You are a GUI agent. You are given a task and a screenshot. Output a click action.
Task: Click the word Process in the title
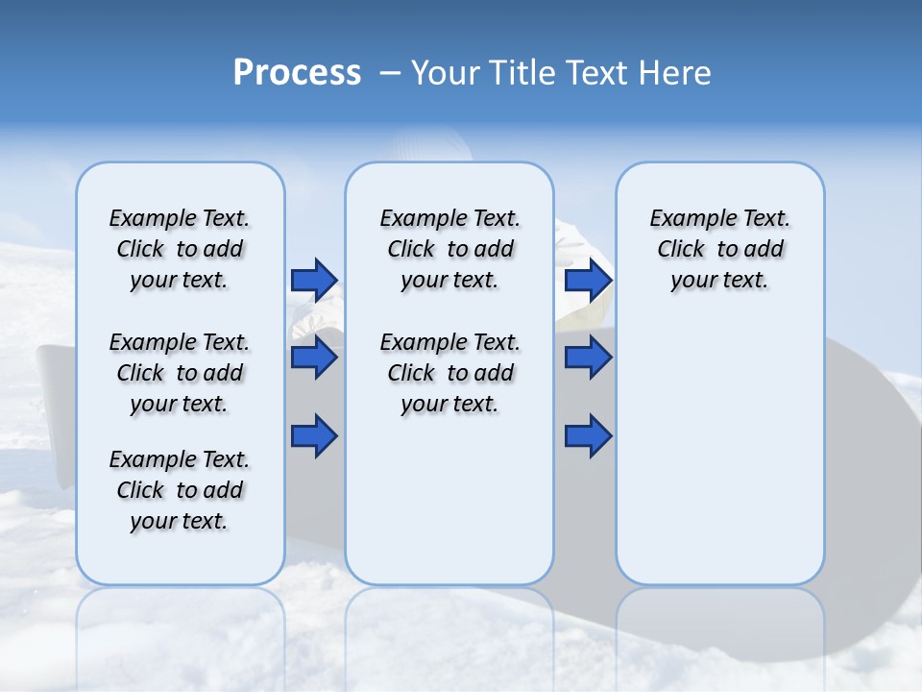coord(297,72)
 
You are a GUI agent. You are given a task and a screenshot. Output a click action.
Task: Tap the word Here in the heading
coord(676,73)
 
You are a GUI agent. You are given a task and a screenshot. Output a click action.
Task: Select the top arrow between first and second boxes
coord(314,280)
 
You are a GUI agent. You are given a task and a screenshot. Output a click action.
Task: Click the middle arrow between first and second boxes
coord(314,358)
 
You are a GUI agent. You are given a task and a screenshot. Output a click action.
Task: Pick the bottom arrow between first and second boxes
coord(314,437)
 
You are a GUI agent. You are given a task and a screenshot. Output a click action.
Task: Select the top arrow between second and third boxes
coord(588,280)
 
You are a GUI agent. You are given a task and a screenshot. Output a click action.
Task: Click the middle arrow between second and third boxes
coord(588,358)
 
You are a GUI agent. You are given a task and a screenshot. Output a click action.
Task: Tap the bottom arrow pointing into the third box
coord(588,437)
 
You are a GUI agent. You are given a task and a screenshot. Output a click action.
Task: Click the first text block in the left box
coord(180,249)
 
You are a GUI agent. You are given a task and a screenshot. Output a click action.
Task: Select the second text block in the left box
coord(180,373)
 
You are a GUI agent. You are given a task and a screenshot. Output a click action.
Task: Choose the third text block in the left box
coord(180,490)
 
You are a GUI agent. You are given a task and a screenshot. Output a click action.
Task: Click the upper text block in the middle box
coord(449,249)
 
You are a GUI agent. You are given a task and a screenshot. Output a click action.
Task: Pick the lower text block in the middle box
coord(449,373)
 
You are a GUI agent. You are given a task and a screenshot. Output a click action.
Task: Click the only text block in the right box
coord(719,249)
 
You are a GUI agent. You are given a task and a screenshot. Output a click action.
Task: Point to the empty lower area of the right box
coord(719,452)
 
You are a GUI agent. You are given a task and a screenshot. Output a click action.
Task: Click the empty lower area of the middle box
coord(449,500)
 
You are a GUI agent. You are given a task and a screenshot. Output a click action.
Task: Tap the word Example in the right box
coord(685,219)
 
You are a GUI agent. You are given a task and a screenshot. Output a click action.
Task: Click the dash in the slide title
coord(390,73)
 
